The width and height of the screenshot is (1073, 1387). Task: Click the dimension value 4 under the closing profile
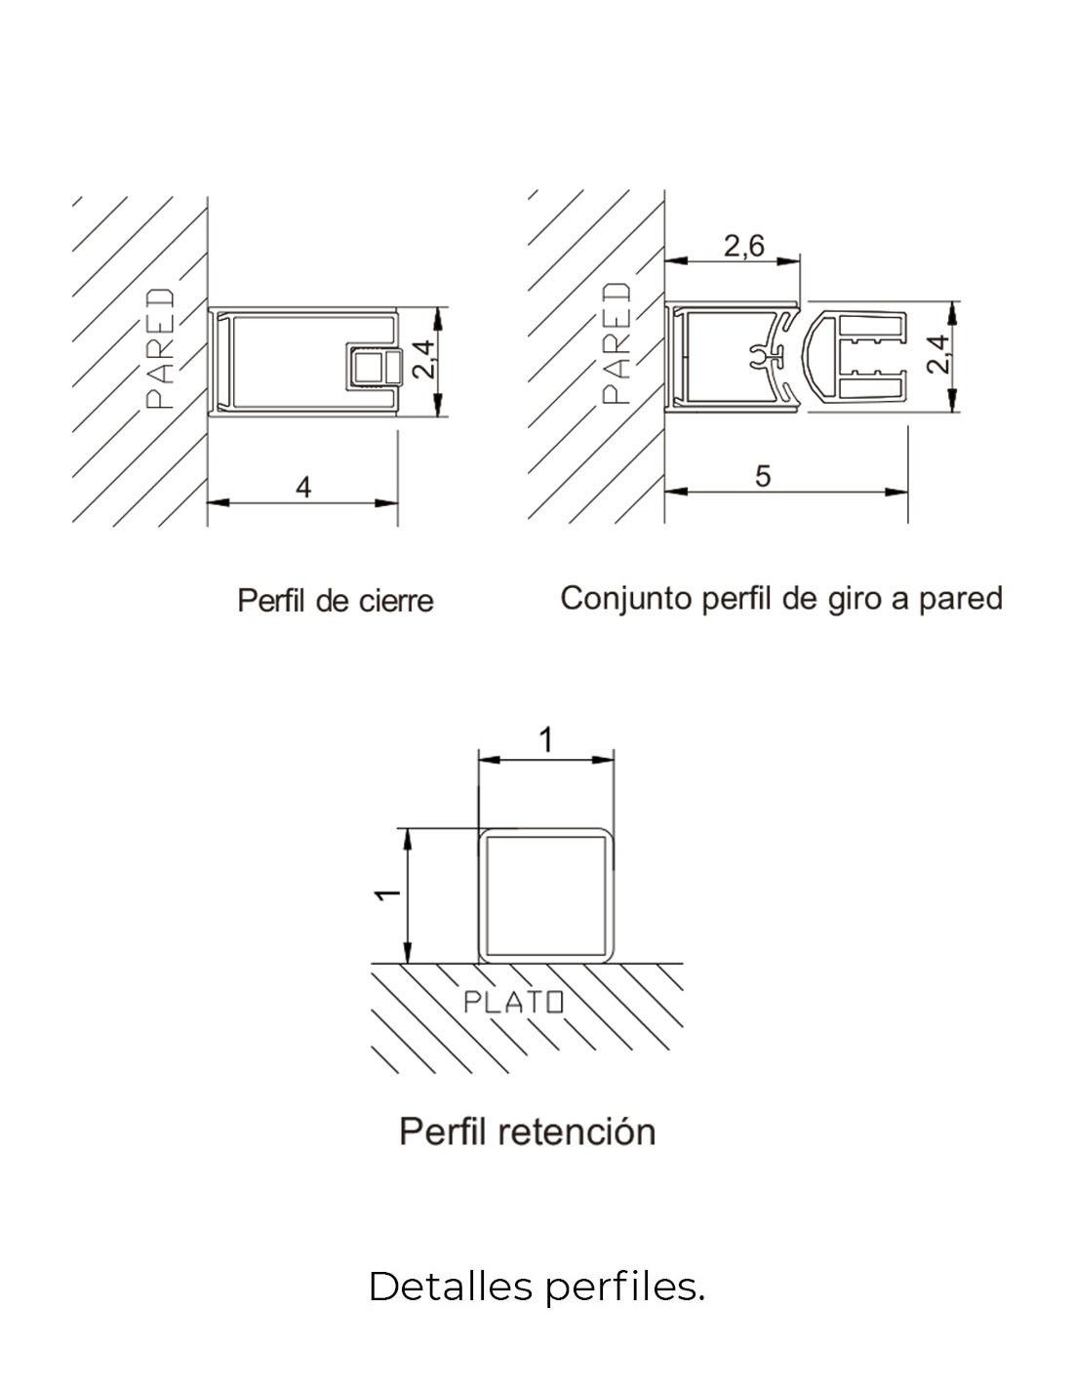[x=303, y=488]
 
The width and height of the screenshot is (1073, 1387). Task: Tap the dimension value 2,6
[x=743, y=246]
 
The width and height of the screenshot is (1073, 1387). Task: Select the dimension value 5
[x=763, y=476]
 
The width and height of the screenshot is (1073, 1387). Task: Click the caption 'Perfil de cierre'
[x=336, y=601]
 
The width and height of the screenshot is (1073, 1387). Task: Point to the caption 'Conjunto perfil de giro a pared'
[x=781, y=599]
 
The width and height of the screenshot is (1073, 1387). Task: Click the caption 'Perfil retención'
[x=528, y=1131]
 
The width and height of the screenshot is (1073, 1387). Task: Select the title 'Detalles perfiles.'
[x=536, y=1287]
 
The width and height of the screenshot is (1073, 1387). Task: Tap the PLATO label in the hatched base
[x=513, y=1002]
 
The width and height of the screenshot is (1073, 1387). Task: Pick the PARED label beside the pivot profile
[x=616, y=343]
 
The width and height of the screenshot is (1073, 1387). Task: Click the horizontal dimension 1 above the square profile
[x=545, y=740]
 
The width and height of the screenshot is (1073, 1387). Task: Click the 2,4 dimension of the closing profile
[x=423, y=360]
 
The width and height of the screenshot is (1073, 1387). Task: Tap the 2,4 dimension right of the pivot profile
[x=937, y=355]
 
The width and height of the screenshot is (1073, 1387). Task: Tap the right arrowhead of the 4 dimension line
[x=386, y=503]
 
